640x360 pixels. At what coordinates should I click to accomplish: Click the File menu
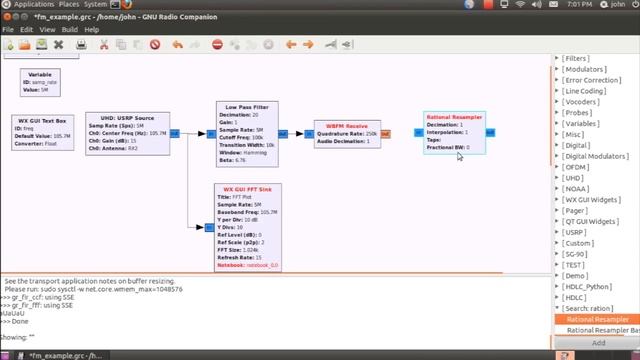click(8, 29)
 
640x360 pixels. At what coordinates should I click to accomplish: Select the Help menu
click(92, 29)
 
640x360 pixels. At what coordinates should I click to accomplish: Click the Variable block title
click(40, 74)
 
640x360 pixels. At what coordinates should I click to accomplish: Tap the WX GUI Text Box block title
click(42, 120)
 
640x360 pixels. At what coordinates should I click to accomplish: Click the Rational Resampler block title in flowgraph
click(453, 117)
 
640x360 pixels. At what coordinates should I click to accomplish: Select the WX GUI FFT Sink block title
click(246, 189)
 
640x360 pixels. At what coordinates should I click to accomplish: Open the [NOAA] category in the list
click(576, 188)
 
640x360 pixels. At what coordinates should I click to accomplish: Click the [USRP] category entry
click(577, 231)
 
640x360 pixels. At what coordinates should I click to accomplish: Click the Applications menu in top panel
click(34, 5)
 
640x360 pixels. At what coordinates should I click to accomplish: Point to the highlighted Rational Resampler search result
click(598, 320)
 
